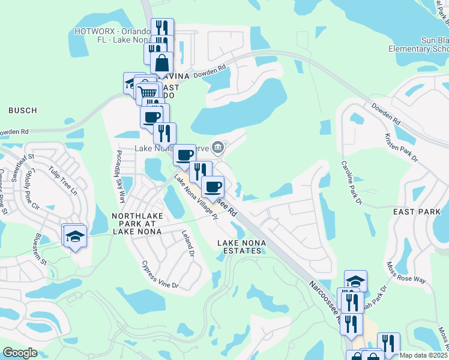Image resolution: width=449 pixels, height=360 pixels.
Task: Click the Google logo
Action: [20, 353]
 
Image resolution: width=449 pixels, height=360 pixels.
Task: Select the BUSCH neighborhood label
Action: [23, 110]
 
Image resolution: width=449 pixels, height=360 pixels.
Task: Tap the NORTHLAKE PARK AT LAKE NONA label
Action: [137, 223]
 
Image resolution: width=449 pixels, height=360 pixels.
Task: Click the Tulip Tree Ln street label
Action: [64, 181]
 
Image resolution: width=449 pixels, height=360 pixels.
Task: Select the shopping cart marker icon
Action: [148, 93]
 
